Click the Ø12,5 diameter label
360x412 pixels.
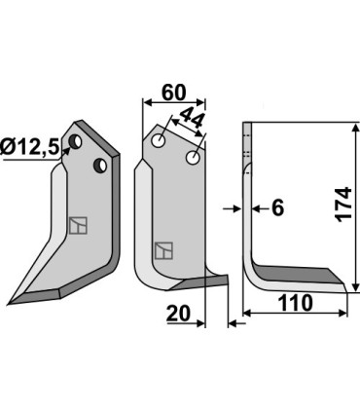(31, 148)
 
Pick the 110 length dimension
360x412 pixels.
(293, 303)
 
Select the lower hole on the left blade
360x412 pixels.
(99, 167)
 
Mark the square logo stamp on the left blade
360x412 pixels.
(77, 225)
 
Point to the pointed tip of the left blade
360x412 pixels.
(10, 300)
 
